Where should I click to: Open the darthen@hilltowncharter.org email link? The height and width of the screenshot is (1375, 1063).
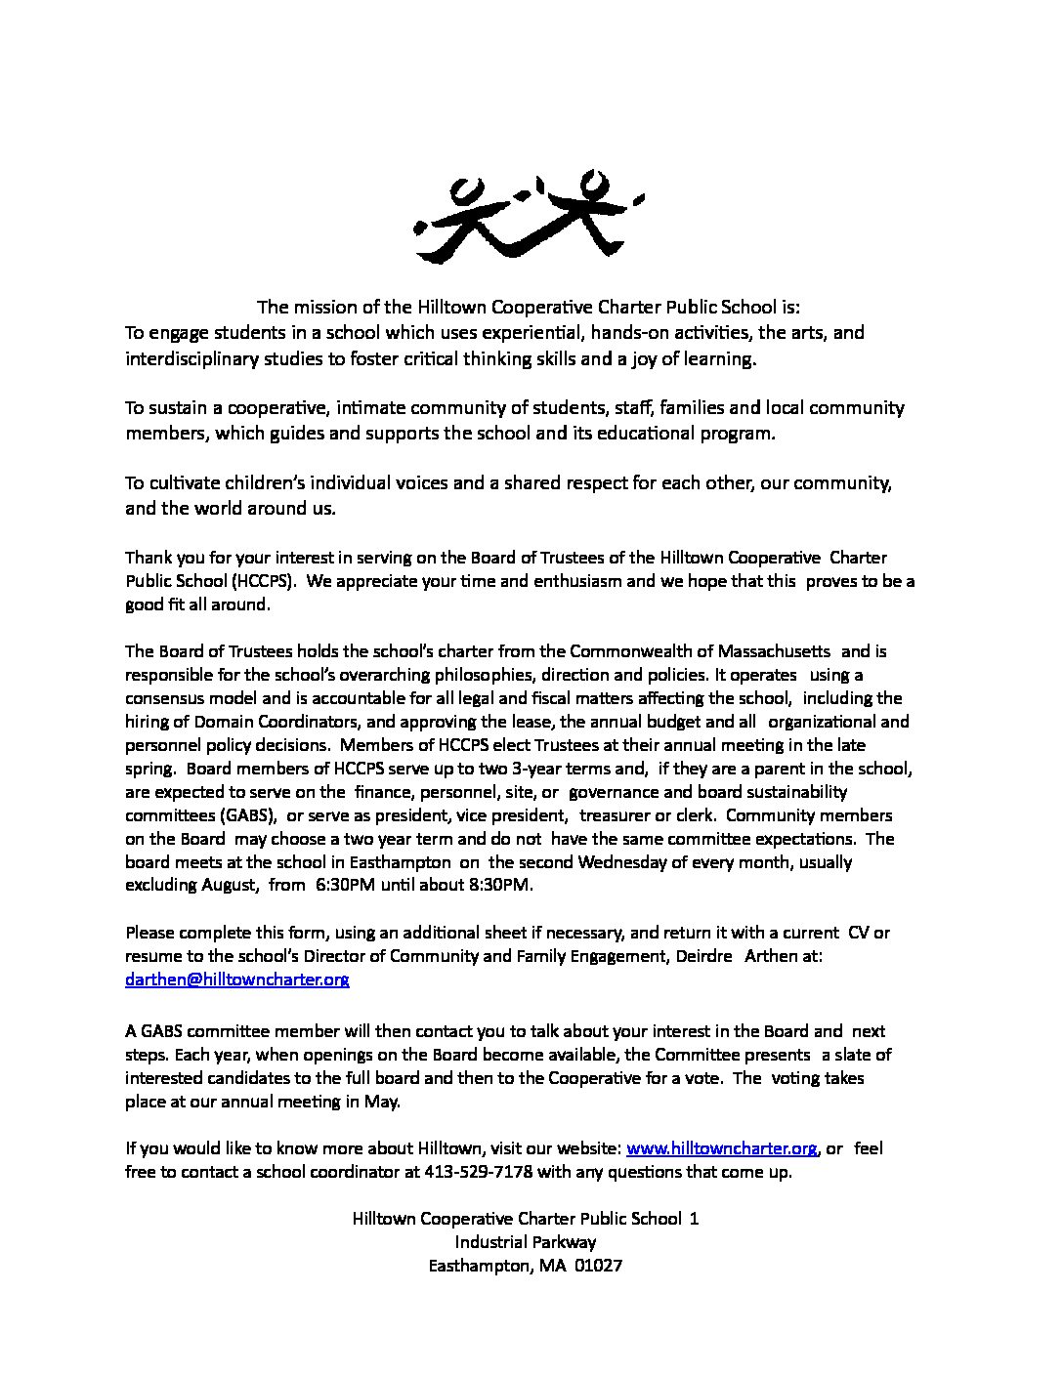click(236, 979)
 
